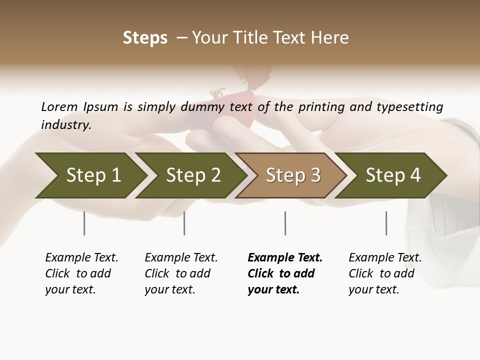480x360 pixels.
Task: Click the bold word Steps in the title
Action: [x=145, y=38]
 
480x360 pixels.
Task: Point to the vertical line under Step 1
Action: [x=84, y=223]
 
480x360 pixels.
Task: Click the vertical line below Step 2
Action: [x=184, y=223]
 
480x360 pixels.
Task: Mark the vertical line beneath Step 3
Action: [x=285, y=223]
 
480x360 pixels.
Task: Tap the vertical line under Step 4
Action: [x=386, y=223]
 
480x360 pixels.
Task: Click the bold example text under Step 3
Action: [x=284, y=273]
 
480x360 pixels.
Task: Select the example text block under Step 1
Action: [x=81, y=273]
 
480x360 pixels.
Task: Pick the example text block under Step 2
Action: [x=180, y=273]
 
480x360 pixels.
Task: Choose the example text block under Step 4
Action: [x=384, y=273]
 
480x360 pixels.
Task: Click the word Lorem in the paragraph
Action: [x=59, y=107]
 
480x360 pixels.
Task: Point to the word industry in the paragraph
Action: [x=66, y=125]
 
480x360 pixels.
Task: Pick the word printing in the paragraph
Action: [x=321, y=107]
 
